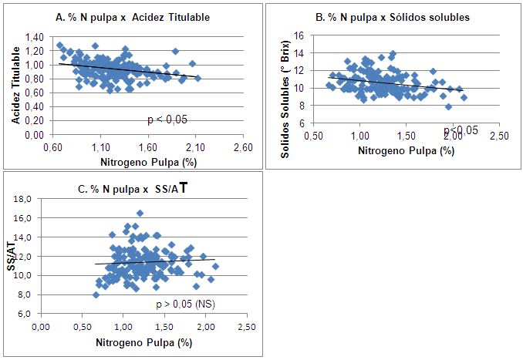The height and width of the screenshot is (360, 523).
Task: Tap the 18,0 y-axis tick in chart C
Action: click(27, 198)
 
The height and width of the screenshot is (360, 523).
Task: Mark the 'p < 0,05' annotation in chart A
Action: click(167, 119)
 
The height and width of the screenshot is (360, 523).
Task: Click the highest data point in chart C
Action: click(140, 213)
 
